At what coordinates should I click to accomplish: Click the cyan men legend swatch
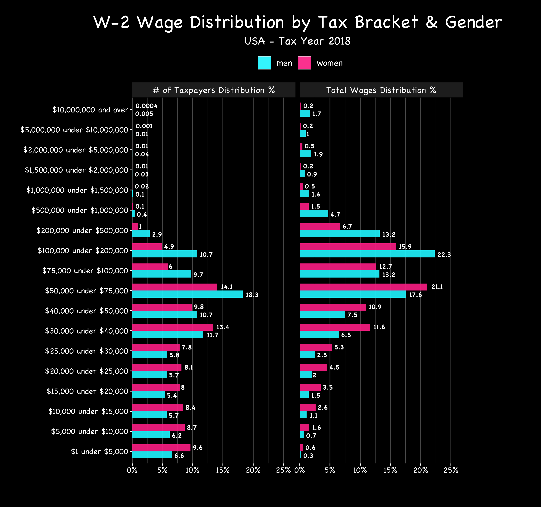(x=264, y=63)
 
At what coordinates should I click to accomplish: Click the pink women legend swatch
(x=304, y=63)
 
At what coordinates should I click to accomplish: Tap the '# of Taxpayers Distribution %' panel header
(x=214, y=90)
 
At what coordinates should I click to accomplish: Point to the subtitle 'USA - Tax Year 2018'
(x=297, y=41)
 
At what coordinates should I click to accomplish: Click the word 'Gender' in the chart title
(x=474, y=22)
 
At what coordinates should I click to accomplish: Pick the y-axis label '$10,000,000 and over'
(x=90, y=110)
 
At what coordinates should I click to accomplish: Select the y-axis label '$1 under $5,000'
(x=99, y=452)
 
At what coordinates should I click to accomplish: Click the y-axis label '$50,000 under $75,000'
(x=87, y=291)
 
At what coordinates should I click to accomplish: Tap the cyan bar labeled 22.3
(x=367, y=254)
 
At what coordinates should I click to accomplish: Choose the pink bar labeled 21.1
(x=363, y=287)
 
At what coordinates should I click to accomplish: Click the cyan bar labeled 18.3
(x=187, y=294)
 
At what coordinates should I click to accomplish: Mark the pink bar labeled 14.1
(x=175, y=287)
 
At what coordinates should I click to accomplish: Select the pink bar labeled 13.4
(x=173, y=327)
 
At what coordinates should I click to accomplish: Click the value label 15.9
(x=405, y=247)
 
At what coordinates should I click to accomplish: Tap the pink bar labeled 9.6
(x=161, y=448)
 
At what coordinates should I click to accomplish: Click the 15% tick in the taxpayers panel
(x=223, y=470)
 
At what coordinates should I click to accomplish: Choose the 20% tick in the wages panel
(x=421, y=470)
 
